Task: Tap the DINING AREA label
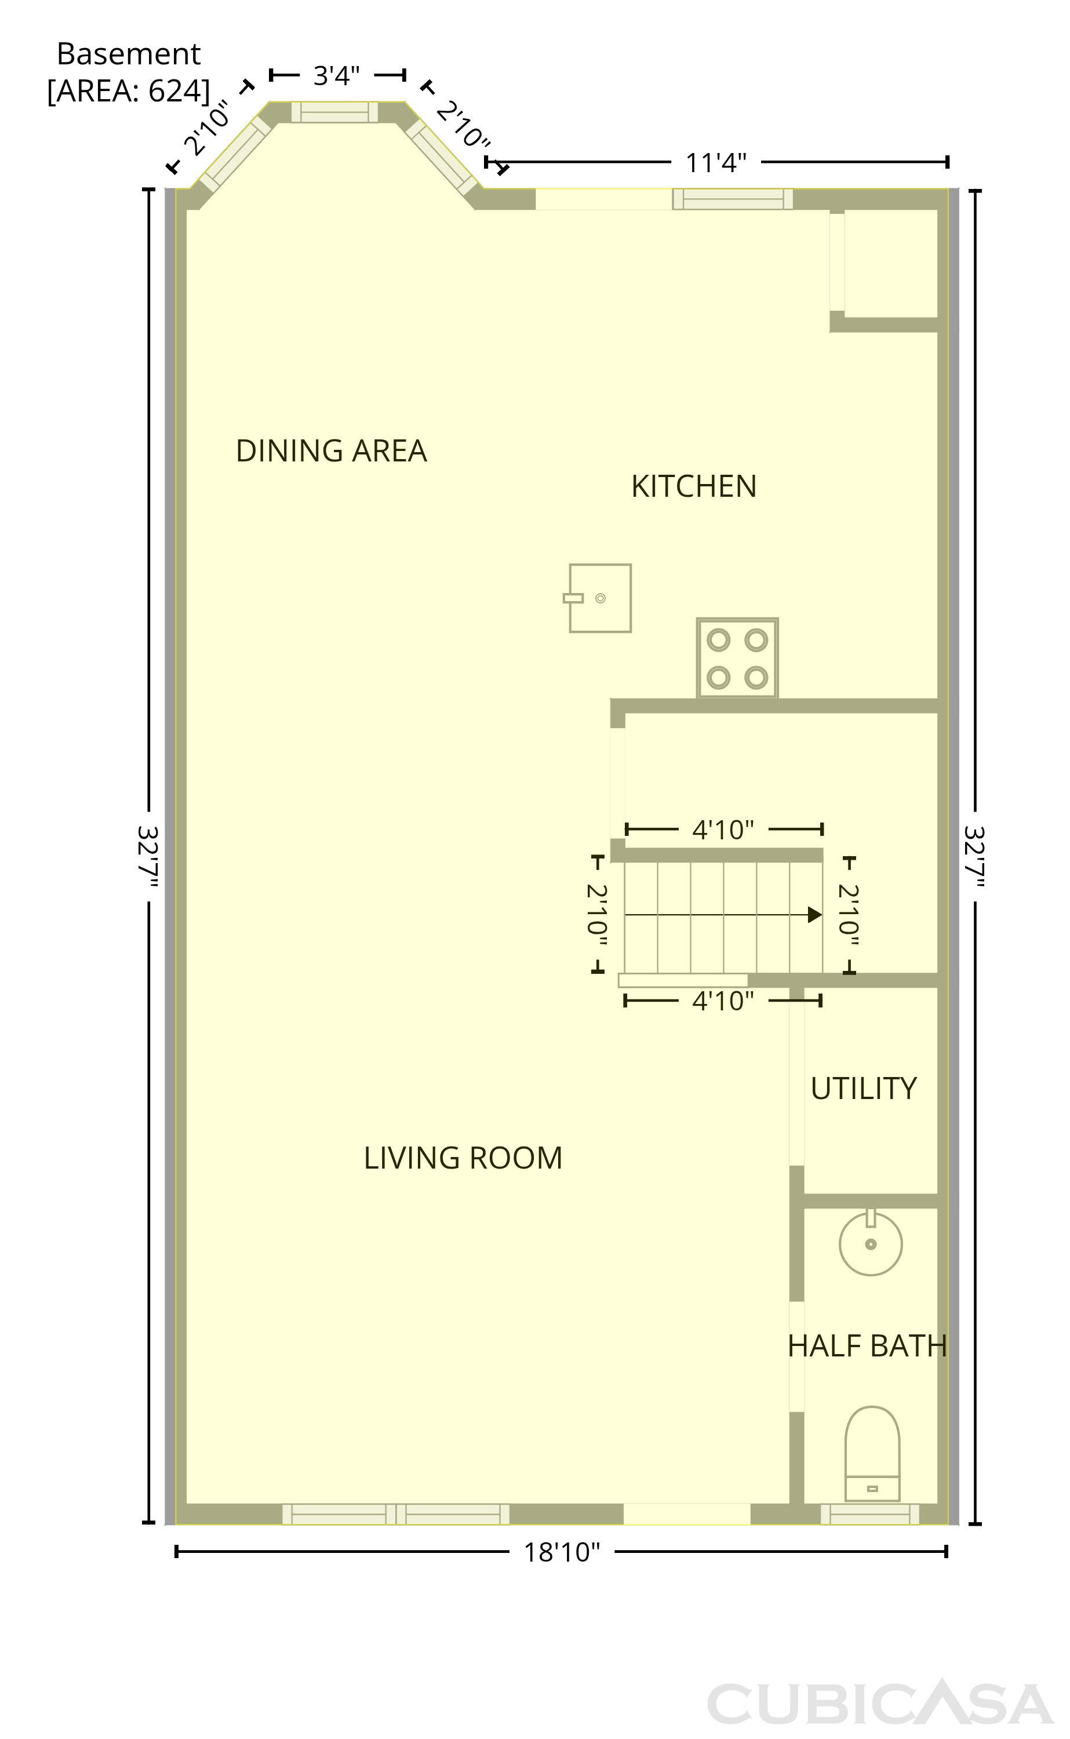(331, 452)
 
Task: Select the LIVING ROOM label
(463, 1159)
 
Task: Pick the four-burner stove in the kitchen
(737, 659)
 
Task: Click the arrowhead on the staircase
(815, 915)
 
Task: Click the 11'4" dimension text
(716, 163)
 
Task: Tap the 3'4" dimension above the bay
(337, 75)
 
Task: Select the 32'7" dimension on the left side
(147, 856)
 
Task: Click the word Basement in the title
(129, 54)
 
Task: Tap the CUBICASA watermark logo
(880, 1703)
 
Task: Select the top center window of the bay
(334, 112)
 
